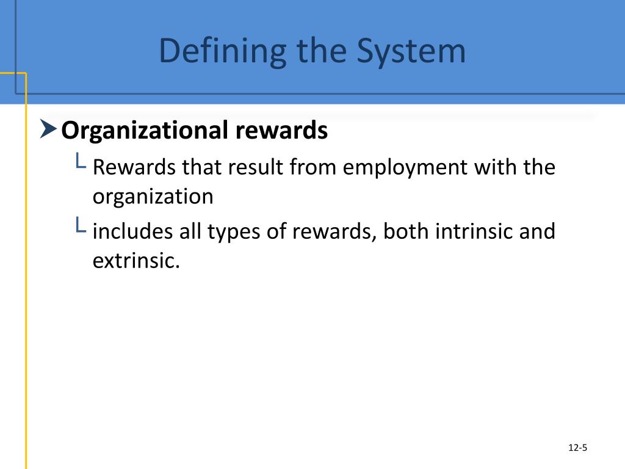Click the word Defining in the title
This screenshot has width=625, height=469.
(x=222, y=52)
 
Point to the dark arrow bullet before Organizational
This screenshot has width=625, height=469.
(x=49, y=129)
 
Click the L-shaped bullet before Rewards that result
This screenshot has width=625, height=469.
(x=80, y=162)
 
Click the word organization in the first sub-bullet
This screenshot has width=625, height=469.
(x=153, y=197)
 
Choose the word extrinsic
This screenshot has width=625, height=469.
(x=137, y=261)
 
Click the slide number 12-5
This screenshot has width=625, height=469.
(x=577, y=448)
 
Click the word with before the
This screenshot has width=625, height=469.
(x=496, y=167)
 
